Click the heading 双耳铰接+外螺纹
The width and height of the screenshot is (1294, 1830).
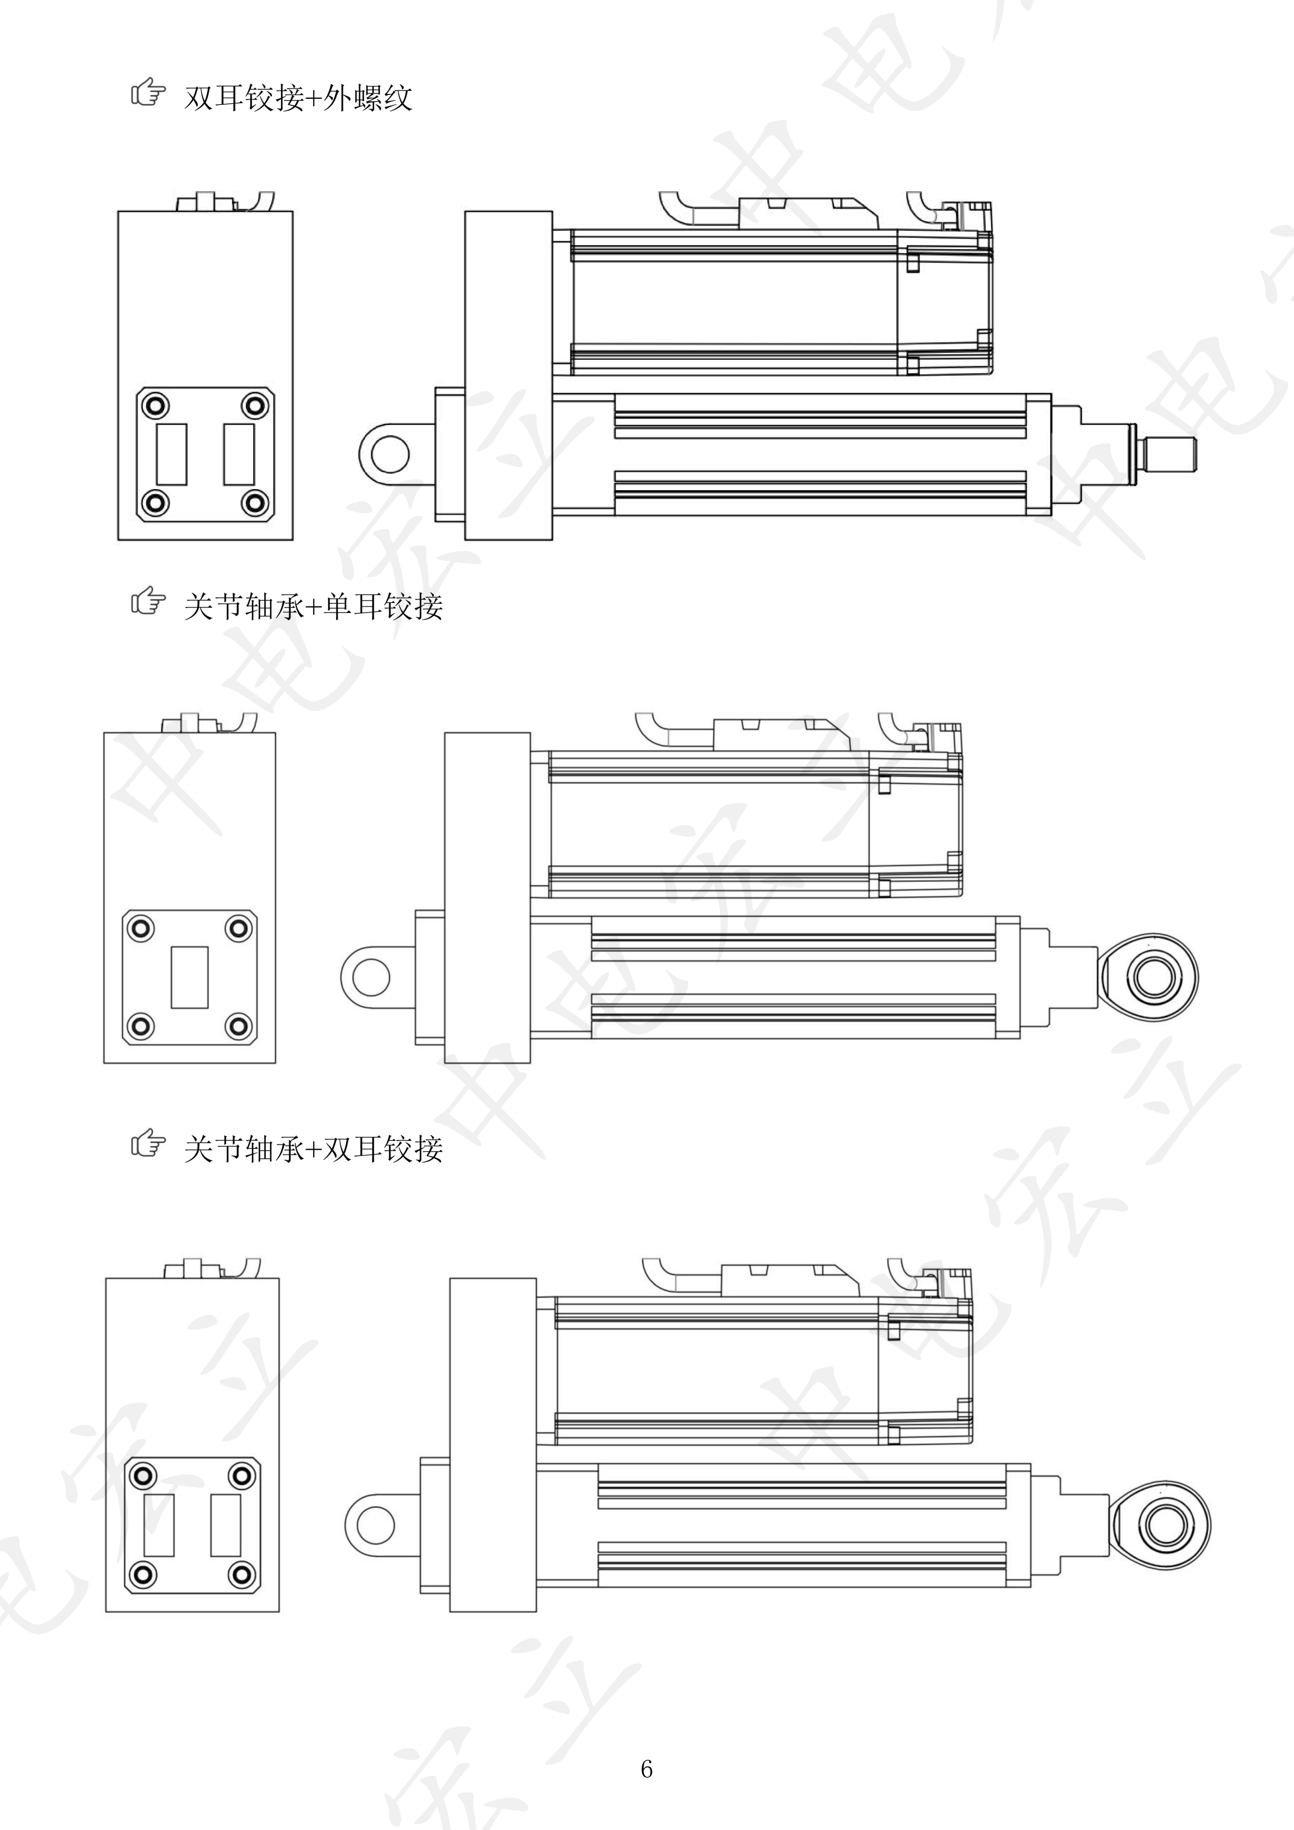click(297, 98)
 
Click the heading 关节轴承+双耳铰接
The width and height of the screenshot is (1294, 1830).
click(313, 1150)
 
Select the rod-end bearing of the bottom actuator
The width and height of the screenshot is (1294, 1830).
click(1162, 1524)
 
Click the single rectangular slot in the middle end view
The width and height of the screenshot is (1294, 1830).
click(190, 977)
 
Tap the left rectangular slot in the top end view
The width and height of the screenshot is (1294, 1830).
click(171, 454)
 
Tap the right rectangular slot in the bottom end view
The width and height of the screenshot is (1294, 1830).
click(226, 1525)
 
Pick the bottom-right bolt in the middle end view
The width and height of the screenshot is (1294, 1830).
click(238, 1026)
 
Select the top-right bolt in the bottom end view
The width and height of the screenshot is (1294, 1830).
click(241, 1475)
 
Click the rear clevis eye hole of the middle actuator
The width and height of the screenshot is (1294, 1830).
click(371, 977)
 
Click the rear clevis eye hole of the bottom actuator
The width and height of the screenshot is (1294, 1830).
click(375, 1524)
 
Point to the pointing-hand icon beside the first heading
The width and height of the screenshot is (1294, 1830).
click(148, 93)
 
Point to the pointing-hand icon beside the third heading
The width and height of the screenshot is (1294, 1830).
click(148, 1145)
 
